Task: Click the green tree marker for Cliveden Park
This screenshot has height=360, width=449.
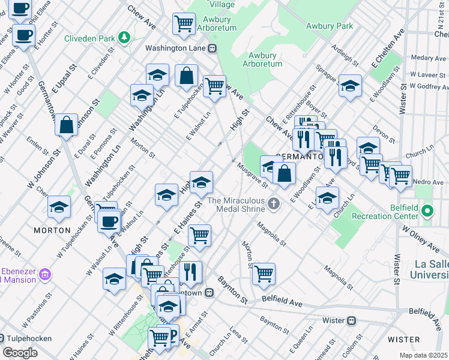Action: click(x=124, y=38)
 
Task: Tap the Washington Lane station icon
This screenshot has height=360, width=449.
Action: click(x=212, y=47)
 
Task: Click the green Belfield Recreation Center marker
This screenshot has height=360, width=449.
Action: click(x=427, y=211)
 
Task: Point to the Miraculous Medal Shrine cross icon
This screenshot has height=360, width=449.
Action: click(x=274, y=205)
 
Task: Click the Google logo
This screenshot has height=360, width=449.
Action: click(x=20, y=353)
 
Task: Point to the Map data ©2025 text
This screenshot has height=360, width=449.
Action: click(x=424, y=355)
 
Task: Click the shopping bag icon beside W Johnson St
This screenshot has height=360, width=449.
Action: click(x=66, y=125)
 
